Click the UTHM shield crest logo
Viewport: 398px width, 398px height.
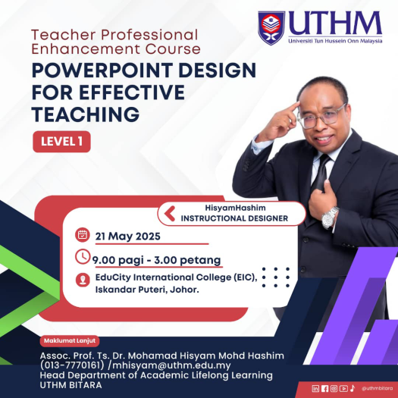[271, 28]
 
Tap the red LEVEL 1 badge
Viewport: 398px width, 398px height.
[61, 142]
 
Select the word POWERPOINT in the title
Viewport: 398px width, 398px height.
[102, 71]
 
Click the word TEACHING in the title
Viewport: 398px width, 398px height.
[86, 114]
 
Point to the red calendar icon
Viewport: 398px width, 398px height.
[83, 235]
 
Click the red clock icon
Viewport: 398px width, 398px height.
[83, 257]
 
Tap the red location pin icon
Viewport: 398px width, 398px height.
[83, 280]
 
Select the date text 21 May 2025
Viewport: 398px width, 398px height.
[127, 237]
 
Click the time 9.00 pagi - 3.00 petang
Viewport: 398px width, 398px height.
[156, 261]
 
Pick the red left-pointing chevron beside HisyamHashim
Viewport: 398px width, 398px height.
[170, 214]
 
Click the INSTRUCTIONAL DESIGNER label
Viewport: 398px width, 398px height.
[234, 218]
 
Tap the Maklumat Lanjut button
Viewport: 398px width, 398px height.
[70, 340]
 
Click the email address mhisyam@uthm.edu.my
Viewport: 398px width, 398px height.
[171, 365]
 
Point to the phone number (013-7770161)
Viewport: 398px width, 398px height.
[72, 365]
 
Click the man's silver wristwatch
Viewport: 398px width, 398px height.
[330, 218]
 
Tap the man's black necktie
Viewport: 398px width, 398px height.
[321, 174]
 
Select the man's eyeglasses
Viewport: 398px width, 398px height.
[322, 117]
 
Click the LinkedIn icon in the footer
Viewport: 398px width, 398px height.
[315, 389]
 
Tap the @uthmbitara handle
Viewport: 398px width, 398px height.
[377, 389]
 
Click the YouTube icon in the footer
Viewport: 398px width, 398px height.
[343, 389]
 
